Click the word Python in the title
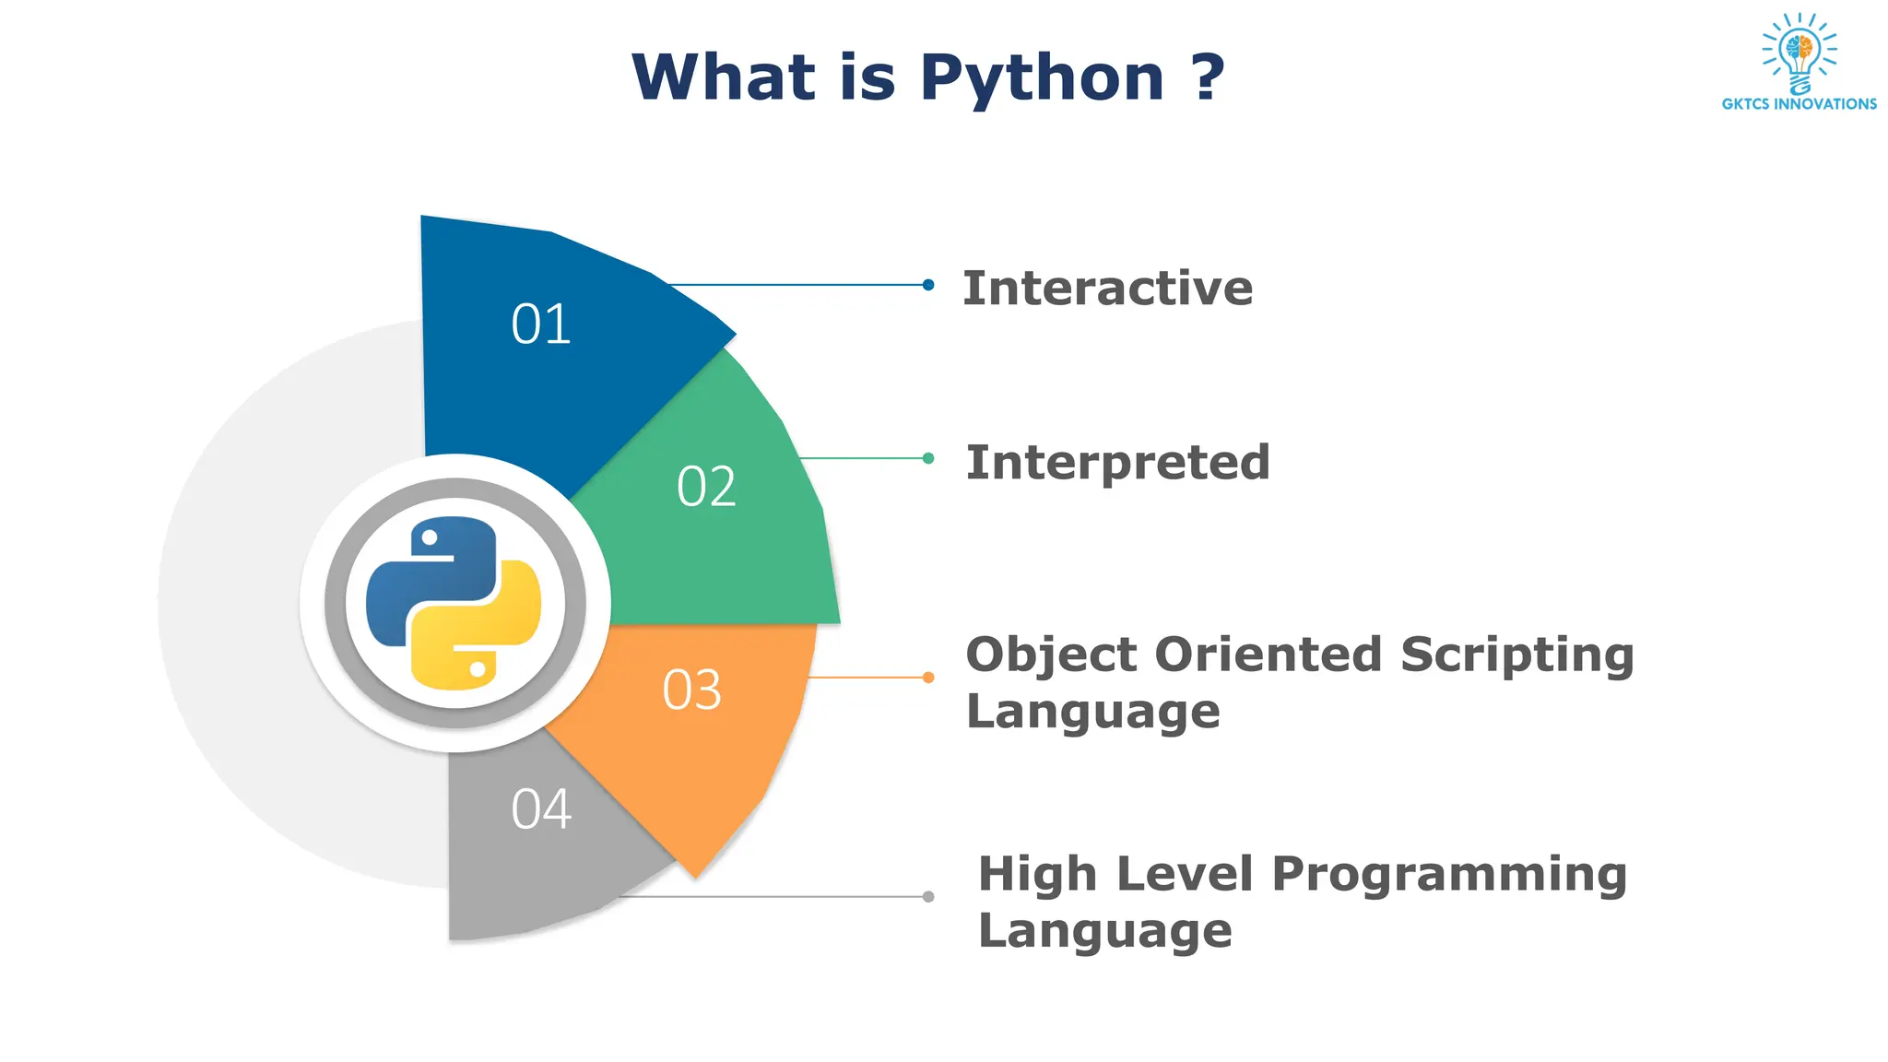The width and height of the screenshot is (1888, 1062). tap(1042, 78)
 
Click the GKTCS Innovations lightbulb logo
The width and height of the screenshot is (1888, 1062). tap(1799, 52)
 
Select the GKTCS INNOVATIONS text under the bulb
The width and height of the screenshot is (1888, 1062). tap(1799, 104)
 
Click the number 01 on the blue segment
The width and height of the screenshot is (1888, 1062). tap(541, 324)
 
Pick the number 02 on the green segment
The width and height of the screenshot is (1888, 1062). tap(706, 487)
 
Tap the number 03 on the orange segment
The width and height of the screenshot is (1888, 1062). tap(691, 690)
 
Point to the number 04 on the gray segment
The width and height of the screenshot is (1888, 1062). tap(541, 809)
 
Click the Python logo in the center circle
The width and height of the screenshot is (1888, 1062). tap(454, 603)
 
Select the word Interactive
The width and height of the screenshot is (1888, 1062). tap(1107, 289)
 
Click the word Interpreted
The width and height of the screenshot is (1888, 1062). tap(1117, 463)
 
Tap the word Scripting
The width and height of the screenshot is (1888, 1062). tap(1516, 656)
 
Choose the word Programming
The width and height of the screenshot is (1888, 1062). tap(1449, 874)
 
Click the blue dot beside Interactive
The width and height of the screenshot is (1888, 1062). tap(928, 285)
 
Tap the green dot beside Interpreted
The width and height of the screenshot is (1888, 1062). tap(928, 458)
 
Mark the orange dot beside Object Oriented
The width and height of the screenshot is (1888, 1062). tap(928, 678)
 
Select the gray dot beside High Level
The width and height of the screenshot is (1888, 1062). tap(928, 896)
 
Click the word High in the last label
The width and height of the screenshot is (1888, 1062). tap(1037, 874)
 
